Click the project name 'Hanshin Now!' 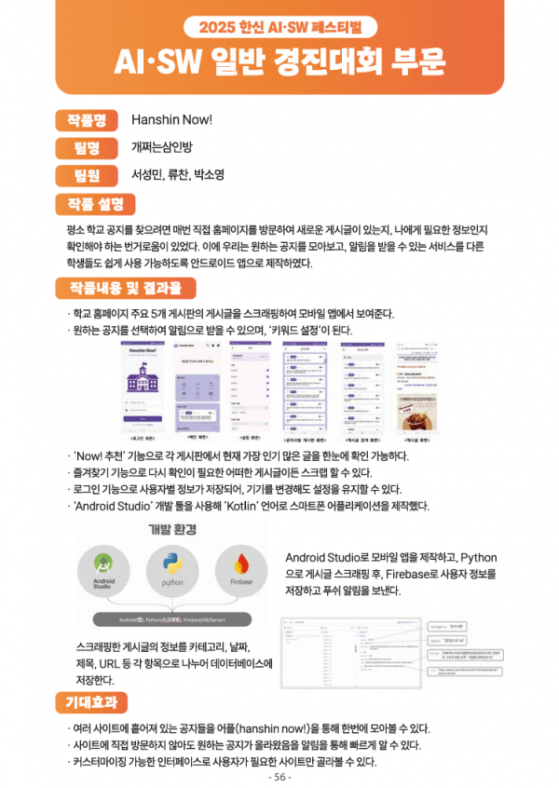171,120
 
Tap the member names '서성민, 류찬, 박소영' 177,174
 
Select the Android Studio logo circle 103,570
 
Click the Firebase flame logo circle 241,570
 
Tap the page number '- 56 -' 279,777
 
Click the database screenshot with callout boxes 391,651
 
